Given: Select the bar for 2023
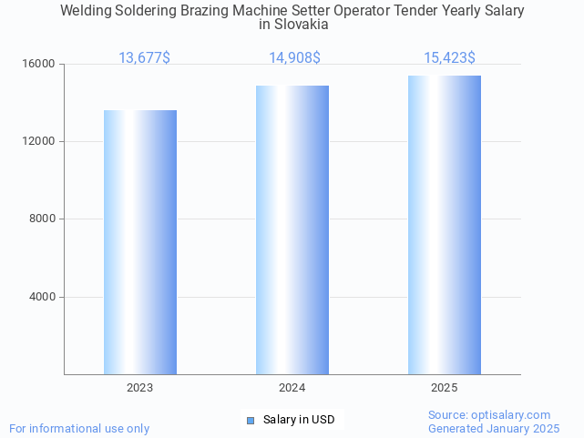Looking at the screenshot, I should pyautogui.click(x=140, y=242).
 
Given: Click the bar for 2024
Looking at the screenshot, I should pyautogui.click(x=292, y=229).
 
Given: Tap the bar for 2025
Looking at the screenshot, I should pyautogui.click(x=445, y=225).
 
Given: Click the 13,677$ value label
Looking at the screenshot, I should pyautogui.click(x=144, y=58).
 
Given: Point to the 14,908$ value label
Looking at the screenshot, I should pyautogui.click(x=294, y=58).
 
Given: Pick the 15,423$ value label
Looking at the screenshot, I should pyautogui.click(x=449, y=58).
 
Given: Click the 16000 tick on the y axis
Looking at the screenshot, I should pyautogui.click(x=41, y=65).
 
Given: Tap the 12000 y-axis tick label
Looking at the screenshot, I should pyautogui.click(x=41, y=142).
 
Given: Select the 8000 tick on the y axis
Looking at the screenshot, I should pyautogui.click(x=44, y=219).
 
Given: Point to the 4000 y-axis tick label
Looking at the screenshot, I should pyautogui.click(x=44, y=297).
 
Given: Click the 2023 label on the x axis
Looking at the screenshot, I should pyautogui.click(x=140, y=388).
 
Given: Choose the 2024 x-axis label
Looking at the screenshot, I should pyautogui.click(x=292, y=388).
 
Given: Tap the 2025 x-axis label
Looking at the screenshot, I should pyautogui.click(x=445, y=388).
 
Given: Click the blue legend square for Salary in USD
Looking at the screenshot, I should pyautogui.click(x=251, y=420).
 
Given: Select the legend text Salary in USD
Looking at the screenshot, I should pyautogui.click(x=299, y=420).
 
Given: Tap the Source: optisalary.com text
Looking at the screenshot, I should pyautogui.click(x=489, y=414).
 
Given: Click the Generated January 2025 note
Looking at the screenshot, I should pyautogui.click(x=494, y=428).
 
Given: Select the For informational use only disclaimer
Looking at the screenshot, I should pyautogui.click(x=79, y=428).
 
